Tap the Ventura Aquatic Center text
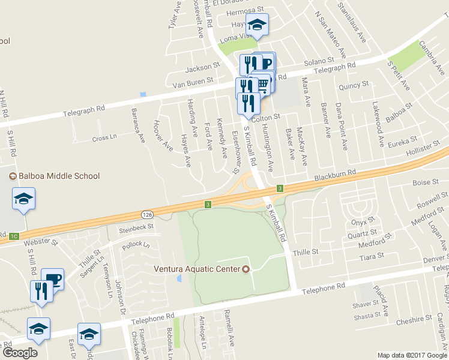[197, 268]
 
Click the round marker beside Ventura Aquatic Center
[245, 268]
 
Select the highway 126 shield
[147, 214]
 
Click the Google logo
[20, 352]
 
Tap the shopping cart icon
[262, 84]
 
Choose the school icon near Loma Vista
[258, 25]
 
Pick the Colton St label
[267, 118]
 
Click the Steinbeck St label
[136, 228]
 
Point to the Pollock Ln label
[136, 245]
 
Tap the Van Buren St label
[193, 80]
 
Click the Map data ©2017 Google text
[412, 355]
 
